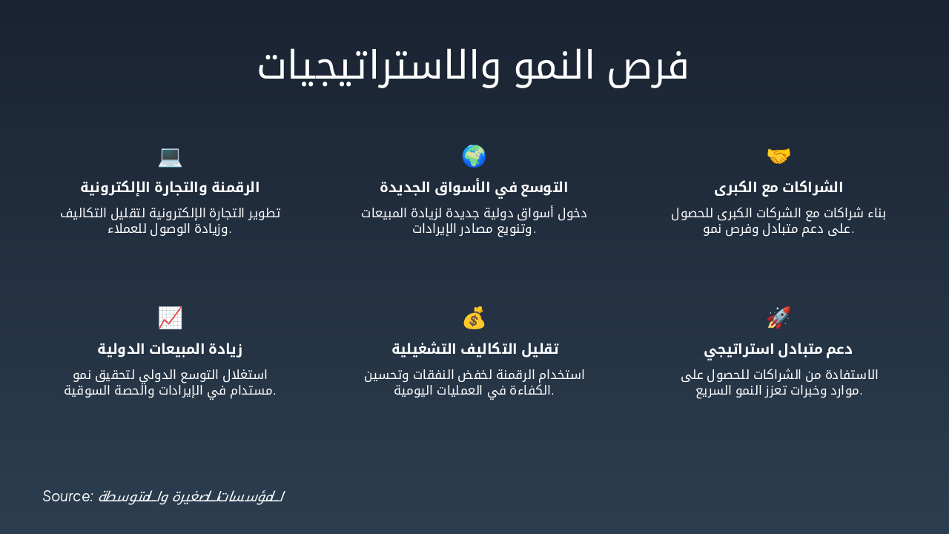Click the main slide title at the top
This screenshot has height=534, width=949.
[x=473, y=66]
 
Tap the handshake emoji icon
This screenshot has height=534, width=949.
[x=778, y=156]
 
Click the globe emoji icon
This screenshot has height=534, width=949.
[x=474, y=156]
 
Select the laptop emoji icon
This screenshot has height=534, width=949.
[x=170, y=156]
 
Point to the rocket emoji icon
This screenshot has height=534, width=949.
[x=778, y=318]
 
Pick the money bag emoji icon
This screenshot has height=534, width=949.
[x=474, y=318]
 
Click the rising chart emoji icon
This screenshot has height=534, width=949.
[x=170, y=318]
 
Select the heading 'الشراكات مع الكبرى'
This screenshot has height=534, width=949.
[x=778, y=187]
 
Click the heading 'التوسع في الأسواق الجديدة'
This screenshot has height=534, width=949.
[x=474, y=187]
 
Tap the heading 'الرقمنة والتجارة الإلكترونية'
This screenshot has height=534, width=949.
[x=170, y=187]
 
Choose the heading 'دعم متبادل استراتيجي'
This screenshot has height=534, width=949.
[x=778, y=349]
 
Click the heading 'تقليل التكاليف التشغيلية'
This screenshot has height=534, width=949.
[x=474, y=349]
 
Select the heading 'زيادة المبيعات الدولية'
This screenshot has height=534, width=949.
[x=170, y=349]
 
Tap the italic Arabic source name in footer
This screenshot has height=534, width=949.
[x=191, y=497]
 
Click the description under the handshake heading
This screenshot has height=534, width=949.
[x=778, y=221]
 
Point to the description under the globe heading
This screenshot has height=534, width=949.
[x=474, y=221]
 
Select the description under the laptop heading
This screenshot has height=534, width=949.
[x=170, y=221]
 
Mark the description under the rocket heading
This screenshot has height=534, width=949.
[x=778, y=383]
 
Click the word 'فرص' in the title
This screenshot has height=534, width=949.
[x=653, y=66]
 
